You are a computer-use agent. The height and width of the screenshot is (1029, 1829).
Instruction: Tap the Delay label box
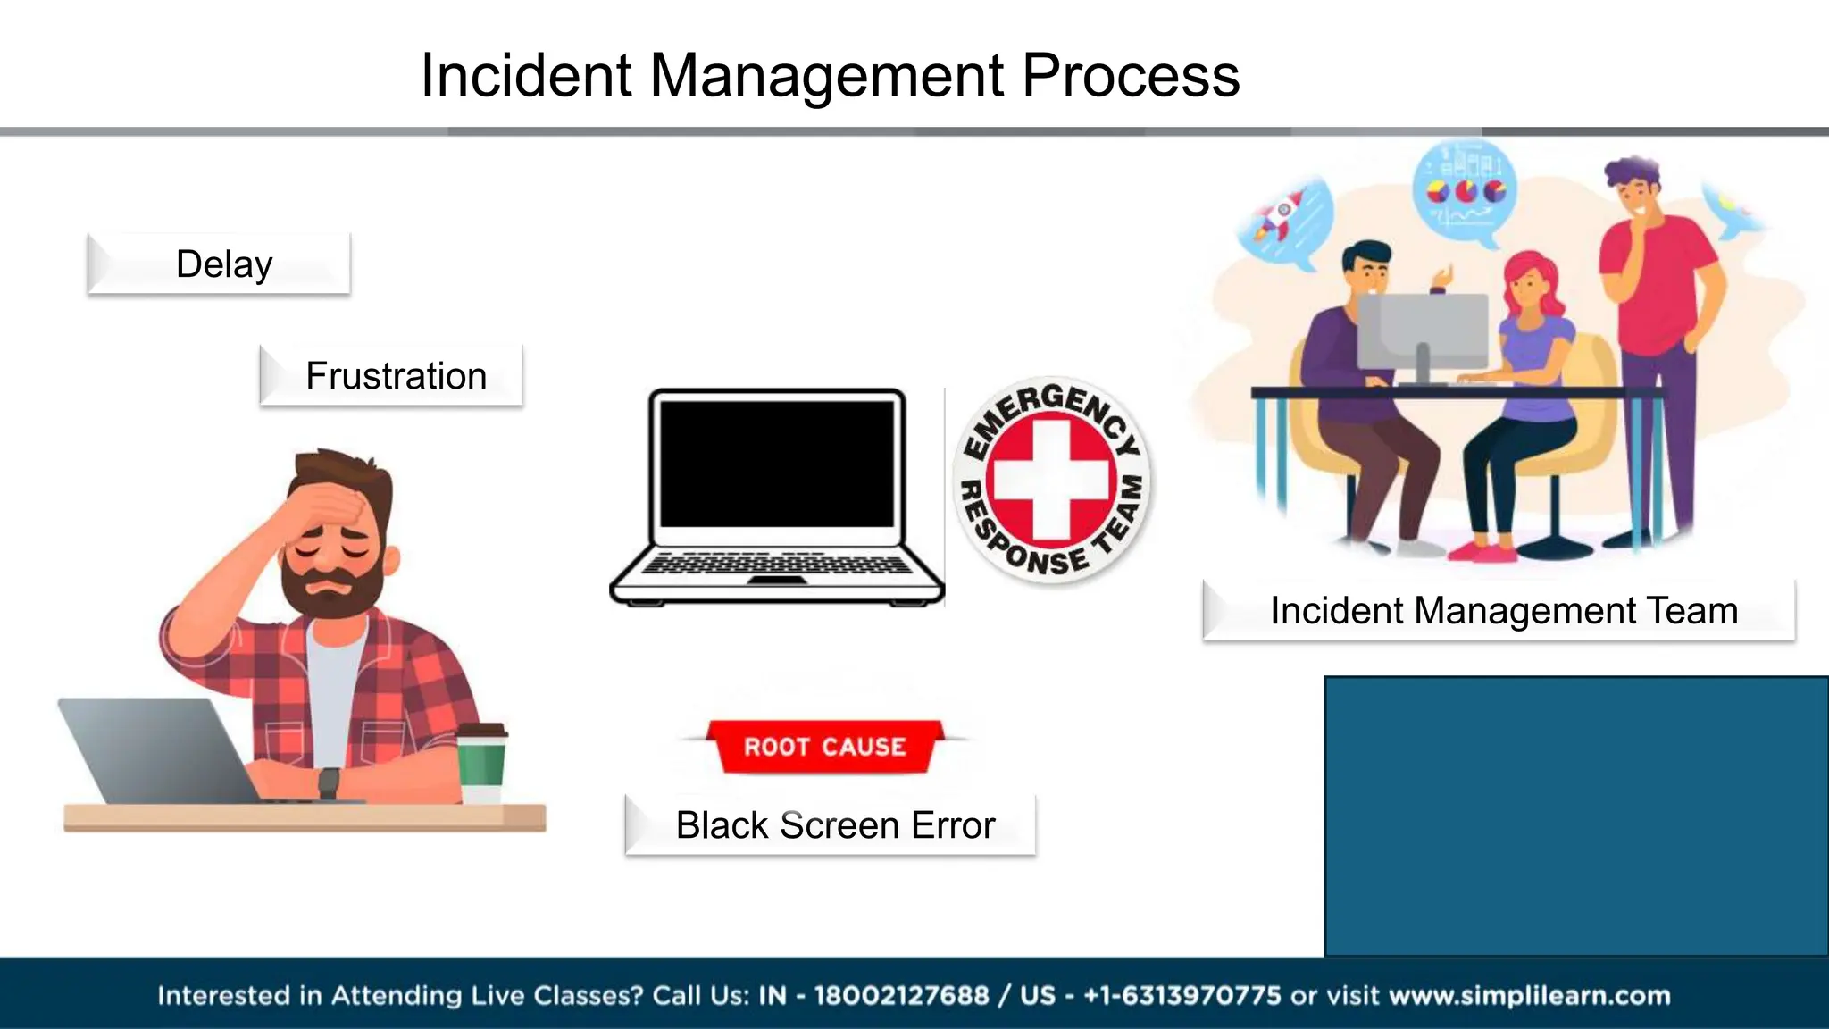220,264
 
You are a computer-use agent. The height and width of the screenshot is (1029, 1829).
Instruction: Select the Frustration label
392,376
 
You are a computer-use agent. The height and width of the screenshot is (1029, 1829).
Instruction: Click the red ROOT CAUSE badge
824,747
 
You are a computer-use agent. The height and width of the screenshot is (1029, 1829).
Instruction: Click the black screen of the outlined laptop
776,464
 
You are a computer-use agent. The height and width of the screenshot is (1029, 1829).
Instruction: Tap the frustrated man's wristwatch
329,783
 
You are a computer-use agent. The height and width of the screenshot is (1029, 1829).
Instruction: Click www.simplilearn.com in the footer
1529,995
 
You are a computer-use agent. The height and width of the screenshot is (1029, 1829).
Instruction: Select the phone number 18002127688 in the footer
901,995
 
